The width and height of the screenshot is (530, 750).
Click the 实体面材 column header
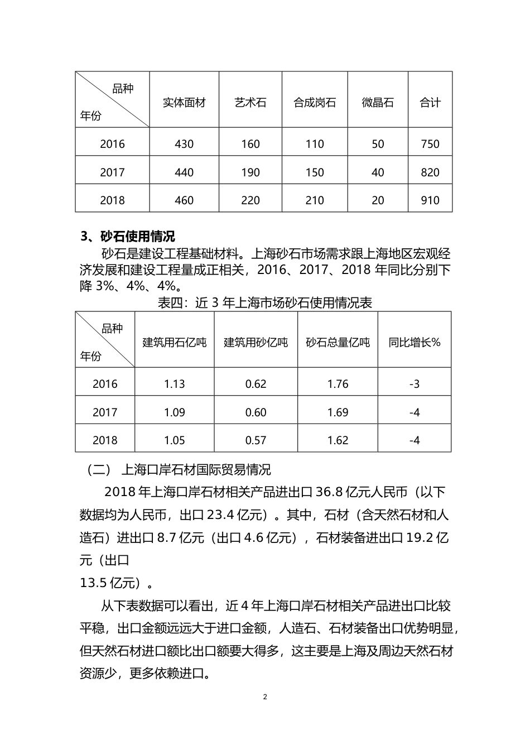pyautogui.click(x=184, y=103)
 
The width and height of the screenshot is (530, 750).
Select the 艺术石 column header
pyautogui.click(x=250, y=103)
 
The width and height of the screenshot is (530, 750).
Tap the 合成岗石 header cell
pyautogui.click(x=315, y=103)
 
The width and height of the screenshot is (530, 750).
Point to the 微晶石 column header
pyautogui.click(x=378, y=103)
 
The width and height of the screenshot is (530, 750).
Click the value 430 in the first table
pyautogui.click(x=184, y=144)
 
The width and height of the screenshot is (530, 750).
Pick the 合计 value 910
pyautogui.click(x=430, y=200)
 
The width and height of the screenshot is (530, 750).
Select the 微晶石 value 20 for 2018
pyautogui.click(x=378, y=200)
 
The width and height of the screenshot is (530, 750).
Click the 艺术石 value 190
pyautogui.click(x=250, y=172)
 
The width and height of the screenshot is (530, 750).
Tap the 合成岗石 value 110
pyautogui.click(x=315, y=144)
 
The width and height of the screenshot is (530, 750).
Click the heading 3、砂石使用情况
pyautogui.click(x=128, y=237)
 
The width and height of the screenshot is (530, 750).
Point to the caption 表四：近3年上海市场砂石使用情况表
pyautogui.click(x=265, y=302)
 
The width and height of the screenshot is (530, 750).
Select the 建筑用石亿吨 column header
pyautogui.click(x=174, y=342)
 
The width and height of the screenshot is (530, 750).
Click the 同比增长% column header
pyautogui.click(x=415, y=342)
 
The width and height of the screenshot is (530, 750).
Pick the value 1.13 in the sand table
pyautogui.click(x=174, y=384)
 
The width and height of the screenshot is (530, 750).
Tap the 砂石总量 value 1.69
pyautogui.click(x=338, y=412)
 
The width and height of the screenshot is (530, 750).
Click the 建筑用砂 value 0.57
pyautogui.click(x=256, y=440)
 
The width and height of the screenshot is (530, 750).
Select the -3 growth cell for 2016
pyautogui.click(x=415, y=384)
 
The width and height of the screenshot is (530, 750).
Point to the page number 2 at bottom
pyautogui.click(x=265, y=697)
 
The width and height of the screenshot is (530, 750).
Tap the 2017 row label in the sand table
pyautogui.click(x=105, y=412)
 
